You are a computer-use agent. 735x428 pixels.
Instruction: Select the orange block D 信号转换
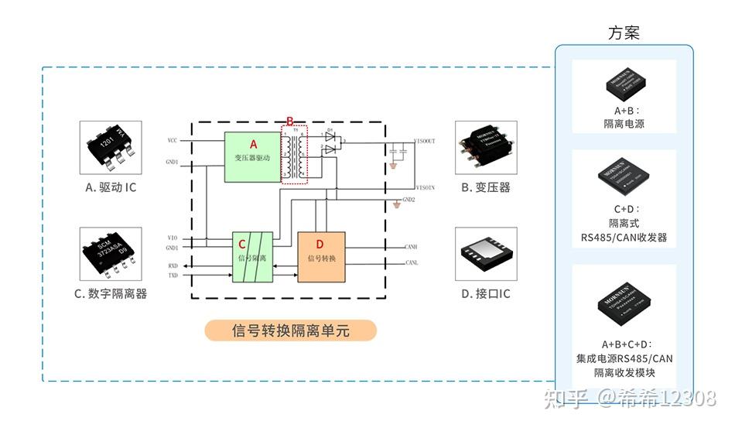point(321,257)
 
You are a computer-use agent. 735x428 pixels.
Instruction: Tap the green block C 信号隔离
point(253,257)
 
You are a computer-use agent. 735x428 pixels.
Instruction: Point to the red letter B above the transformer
point(290,122)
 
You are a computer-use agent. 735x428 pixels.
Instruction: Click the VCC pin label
point(172,140)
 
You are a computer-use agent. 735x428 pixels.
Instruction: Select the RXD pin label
point(173,265)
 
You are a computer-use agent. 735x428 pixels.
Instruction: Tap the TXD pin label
point(173,276)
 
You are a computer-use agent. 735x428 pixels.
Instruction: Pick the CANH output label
point(412,248)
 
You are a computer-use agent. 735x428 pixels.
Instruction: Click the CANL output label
point(412,263)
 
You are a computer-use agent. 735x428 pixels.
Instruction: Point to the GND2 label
point(408,200)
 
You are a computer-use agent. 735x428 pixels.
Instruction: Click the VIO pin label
point(172,237)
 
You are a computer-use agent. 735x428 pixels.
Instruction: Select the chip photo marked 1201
point(111,146)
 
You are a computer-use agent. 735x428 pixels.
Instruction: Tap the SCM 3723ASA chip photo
point(111,254)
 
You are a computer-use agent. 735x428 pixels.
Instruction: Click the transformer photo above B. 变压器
point(485,147)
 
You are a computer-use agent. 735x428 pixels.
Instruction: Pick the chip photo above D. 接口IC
point(485,253)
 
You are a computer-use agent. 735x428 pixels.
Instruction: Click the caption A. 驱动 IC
point(111,187)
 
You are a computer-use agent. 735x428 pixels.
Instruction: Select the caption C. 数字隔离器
point(111,293)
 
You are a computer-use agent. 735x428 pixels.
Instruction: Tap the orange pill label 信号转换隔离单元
point(290,330)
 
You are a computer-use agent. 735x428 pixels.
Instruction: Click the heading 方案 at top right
point(624,33)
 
